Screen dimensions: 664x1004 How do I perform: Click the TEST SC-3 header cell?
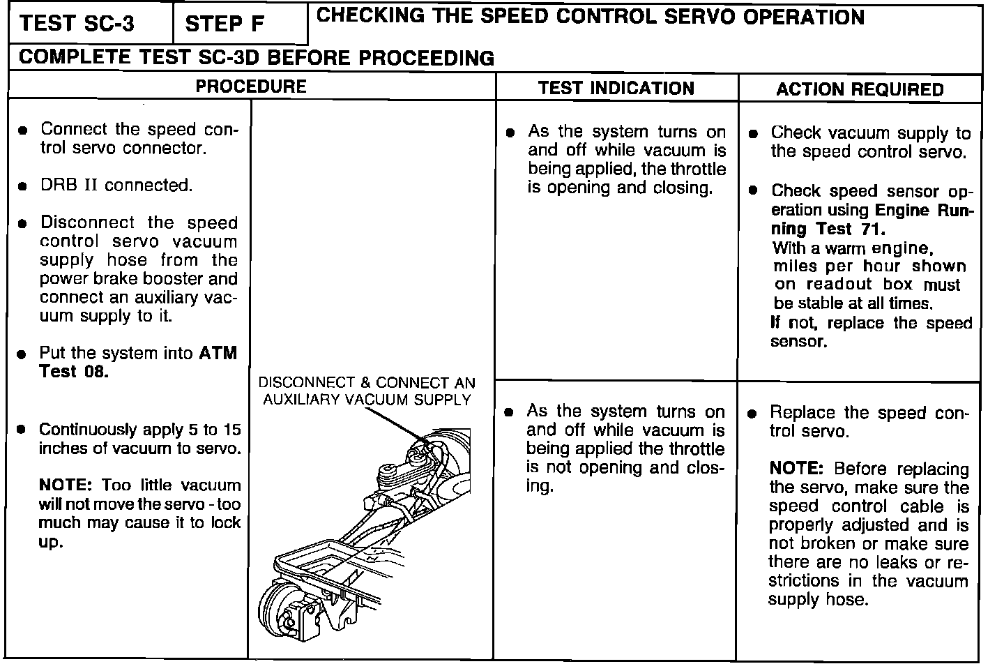(77, 24)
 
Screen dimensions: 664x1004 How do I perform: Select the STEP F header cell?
(225, 24)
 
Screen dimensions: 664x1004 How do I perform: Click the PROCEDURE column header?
(251, 86)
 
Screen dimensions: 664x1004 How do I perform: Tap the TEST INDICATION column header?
(616, 89)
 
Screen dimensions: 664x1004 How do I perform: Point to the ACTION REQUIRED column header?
(860, 89)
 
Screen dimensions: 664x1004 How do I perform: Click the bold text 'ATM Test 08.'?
(138, 362)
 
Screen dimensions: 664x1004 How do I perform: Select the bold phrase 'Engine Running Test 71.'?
(872, 219)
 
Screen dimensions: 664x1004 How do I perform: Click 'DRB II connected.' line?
(116, 186)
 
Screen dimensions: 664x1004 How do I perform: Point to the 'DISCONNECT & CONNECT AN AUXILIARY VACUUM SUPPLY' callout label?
(367, 391)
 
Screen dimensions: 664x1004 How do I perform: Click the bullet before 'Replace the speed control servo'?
(752, 414)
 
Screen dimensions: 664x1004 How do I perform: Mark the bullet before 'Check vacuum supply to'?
(753, 134)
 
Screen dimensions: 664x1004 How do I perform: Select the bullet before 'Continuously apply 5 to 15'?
(23, 430)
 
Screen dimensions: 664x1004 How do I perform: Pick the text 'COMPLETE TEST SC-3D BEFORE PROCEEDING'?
(257, 57)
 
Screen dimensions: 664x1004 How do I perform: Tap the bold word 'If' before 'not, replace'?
(775, 323)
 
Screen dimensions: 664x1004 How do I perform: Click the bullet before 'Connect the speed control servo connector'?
(23, 130)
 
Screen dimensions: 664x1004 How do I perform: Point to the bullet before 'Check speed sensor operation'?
(753, 191)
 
